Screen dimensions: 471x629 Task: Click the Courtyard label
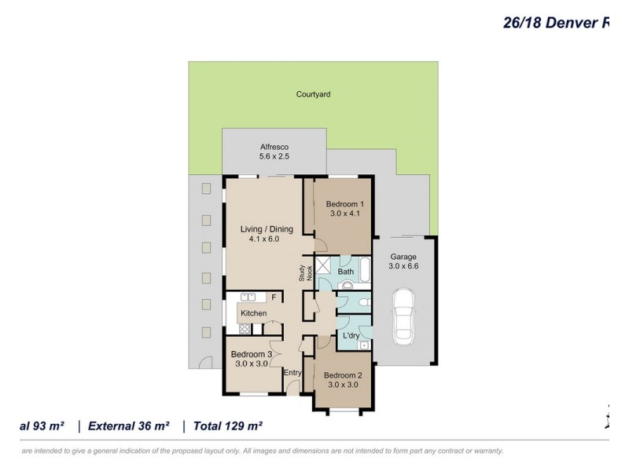(x=313, y=94)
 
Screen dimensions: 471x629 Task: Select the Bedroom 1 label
(x=344, y=204)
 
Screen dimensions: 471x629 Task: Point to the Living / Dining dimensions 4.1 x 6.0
(x=266, y=240)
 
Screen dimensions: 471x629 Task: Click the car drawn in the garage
(x=404, y=316)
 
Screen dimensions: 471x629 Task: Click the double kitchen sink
(x=248, y=298)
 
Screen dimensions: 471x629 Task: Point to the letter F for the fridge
(x=274, y=298)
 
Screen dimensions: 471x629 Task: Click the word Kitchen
(x=253, y=313)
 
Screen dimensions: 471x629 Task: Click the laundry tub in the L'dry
(x=364, y=345)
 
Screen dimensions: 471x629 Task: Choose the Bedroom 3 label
(x=253, y=355)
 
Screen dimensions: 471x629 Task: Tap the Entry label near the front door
(x=292, y=373)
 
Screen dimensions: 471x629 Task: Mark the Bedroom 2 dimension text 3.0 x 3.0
(x=342, y=385)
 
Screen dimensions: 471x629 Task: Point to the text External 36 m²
(x=130, y=426)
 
